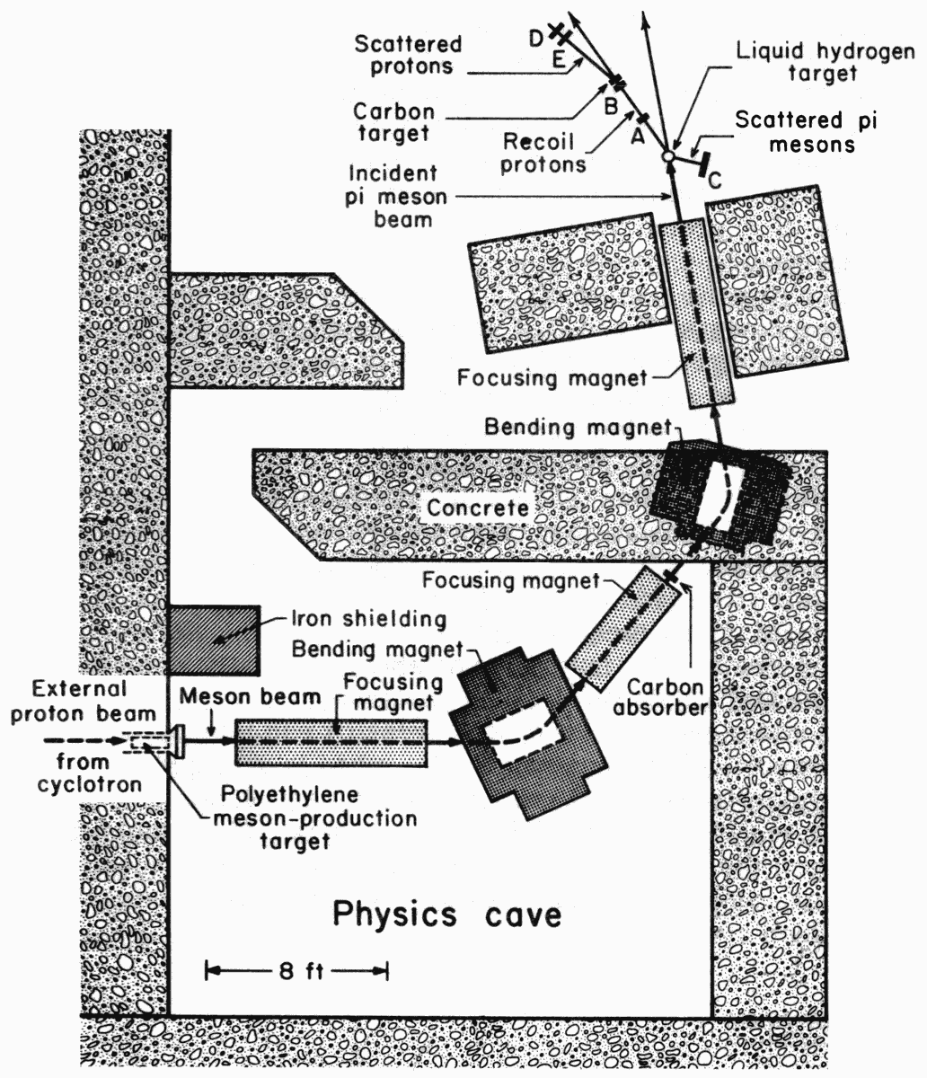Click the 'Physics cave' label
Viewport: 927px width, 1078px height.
446,915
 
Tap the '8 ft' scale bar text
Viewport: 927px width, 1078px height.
296,969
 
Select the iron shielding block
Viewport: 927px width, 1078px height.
215,641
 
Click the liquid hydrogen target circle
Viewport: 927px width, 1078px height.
667,156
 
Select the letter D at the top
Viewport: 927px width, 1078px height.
535,37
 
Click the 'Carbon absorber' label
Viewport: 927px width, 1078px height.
664,696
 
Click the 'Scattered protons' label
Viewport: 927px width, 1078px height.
408,54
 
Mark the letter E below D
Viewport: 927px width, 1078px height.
558,61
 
